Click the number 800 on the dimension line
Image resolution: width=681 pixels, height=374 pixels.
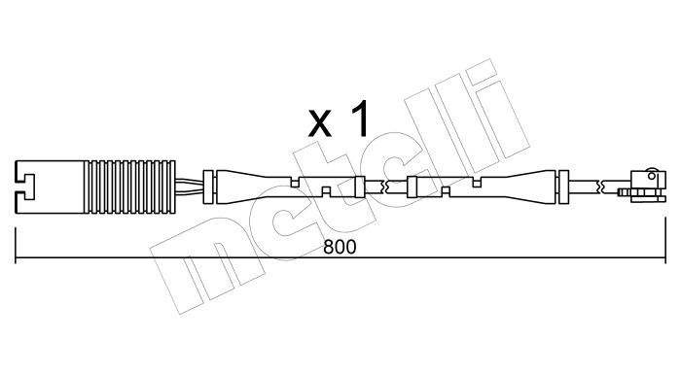tap(340, 247)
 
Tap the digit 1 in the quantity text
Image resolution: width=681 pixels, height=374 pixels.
tap(361, 119)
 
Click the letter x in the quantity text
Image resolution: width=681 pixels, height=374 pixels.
tap(320, 123)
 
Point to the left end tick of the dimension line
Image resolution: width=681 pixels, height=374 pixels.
tap(16, 245)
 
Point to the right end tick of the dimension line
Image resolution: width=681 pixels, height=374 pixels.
tap(664, 240)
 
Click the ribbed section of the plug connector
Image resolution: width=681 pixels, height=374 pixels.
tap(129, 187)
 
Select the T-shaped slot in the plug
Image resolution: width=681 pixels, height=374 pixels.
tap(25, 187)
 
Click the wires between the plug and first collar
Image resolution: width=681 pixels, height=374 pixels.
tap(190, 187)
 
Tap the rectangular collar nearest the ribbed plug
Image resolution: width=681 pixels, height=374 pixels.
tap(208, 187)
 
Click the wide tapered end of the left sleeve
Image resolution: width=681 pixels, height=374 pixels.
tap(234, 187)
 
